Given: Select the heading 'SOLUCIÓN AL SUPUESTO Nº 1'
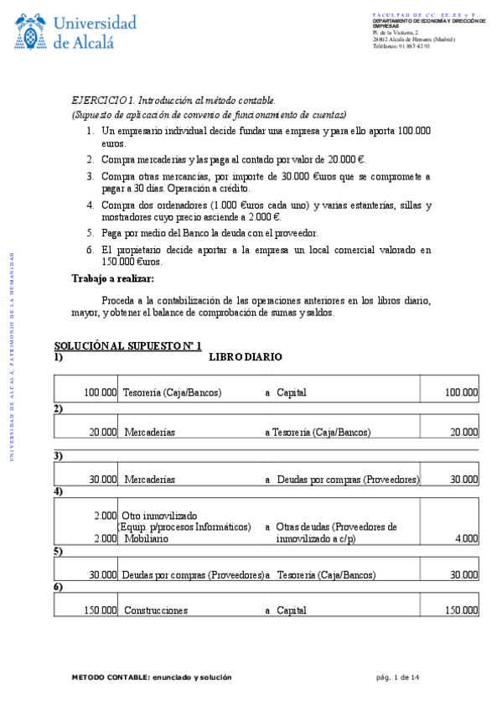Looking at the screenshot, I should point(127,345).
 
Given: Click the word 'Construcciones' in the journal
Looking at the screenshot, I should point(156,610).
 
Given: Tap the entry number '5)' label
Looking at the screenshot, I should point(59,552).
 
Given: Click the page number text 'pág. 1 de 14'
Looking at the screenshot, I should point(398,677).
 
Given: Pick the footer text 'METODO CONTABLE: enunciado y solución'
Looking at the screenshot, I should point(151,677).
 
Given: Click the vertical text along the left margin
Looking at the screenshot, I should point(11,356).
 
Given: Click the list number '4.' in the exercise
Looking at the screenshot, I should point(90,205).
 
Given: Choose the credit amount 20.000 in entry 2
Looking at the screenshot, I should point(463,433).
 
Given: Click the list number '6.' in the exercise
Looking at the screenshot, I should point(90,249).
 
